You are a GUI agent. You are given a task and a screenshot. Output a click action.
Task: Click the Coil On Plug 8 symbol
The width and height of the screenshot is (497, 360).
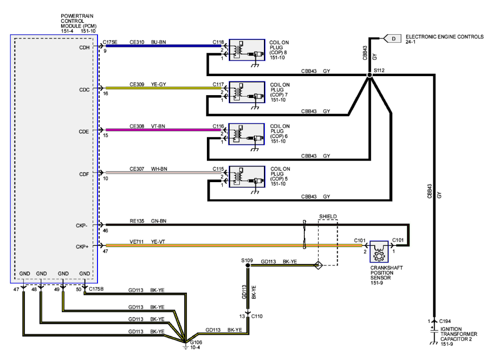(246, 50)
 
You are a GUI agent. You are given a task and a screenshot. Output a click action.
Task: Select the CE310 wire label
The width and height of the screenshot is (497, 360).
(137, 42)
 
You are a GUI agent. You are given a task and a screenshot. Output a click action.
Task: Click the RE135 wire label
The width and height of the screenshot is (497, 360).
(137, 221)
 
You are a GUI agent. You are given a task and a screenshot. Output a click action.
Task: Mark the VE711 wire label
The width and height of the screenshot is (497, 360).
(137, 242)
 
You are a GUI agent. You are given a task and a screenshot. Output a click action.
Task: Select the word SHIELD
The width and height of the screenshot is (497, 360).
(328, 216)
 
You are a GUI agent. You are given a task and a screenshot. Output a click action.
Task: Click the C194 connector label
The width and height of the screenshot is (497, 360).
(446, 321)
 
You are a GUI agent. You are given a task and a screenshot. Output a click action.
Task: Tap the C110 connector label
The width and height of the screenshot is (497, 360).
(257, 316)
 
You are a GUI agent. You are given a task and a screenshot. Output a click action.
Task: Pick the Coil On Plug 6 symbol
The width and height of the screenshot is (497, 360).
(246, 135)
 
